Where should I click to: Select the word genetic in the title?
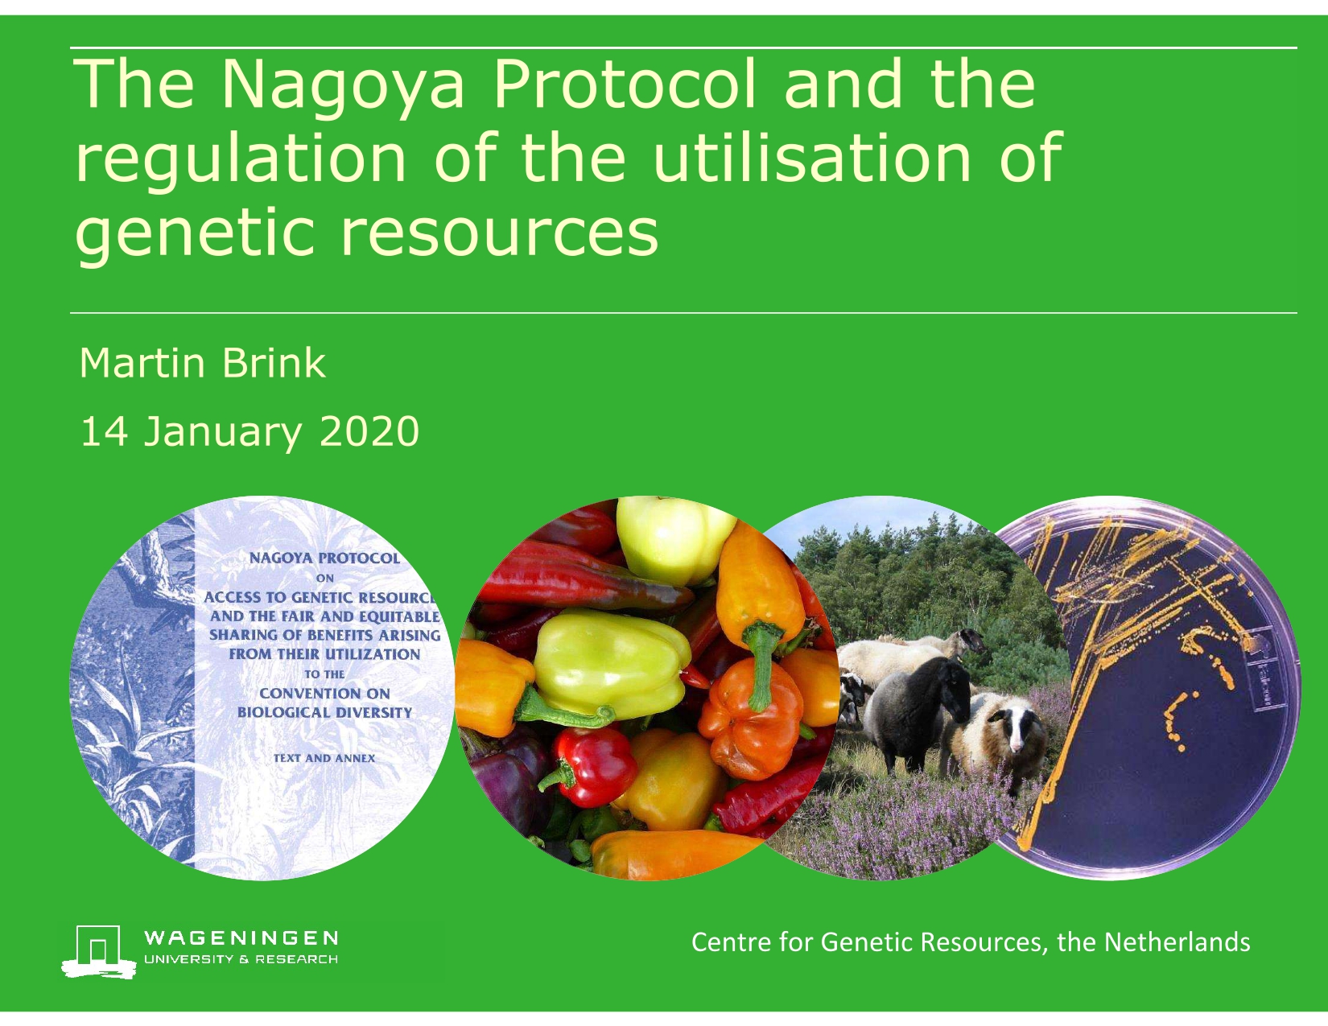click(x=194, y=235)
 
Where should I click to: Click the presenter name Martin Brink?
click(x=202, y=364)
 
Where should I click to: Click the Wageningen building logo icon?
click(x=98, y=951)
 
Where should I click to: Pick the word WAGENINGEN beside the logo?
click(x=240, y=937)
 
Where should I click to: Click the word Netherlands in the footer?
click(x=1177, y=942)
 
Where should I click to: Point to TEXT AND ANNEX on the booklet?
click(x=324, y=758)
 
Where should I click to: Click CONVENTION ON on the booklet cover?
click(x=324, y=694)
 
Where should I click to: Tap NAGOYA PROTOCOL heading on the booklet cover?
click(x=324, y=558)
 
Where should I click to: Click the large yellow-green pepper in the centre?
click(x=611, y=663)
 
